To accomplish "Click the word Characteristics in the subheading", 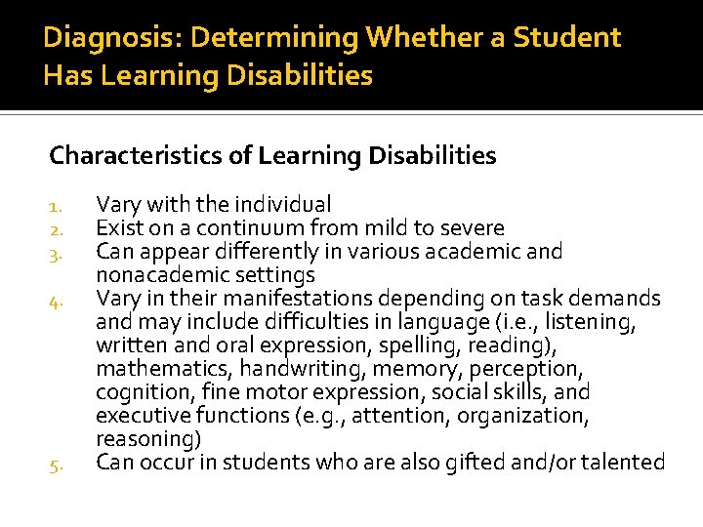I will click(128, 155).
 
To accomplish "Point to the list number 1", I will click(57, 206).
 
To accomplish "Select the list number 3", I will click(57, 254).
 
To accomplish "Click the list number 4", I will click(57, 301).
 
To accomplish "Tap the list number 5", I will click(57, 465).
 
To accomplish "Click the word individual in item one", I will click(276, 205).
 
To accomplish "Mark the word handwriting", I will click(299, 369).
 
